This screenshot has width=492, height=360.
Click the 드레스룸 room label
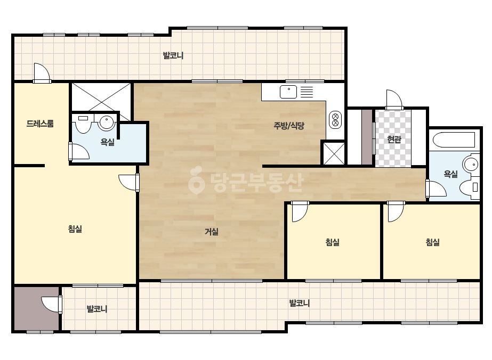pyautogui.click(x=40, y=124)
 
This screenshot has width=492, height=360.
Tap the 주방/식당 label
pyautogui.click(x=289, y=126)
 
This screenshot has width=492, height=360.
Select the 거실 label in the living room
pyautogui.click(x=212, y=232)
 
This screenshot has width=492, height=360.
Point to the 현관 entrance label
pyautogui.click(x=394, y=139)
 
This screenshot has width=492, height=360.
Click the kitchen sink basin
pyautogui.click(x=288, y=92)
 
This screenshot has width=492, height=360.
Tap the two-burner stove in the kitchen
pyautogui.click(x=335, y=120)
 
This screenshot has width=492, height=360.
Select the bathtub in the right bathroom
pyautogui.click(x=454, y=140)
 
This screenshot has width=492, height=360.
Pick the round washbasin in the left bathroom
pyautogui.click(x=107, y=122)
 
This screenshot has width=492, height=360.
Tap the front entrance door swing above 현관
pyautogui.click(x=394, y=100)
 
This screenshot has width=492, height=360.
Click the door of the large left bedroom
pyautogui.click(x=129, y=182)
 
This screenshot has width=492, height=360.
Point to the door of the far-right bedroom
pyautogui.click(x=396, y=211)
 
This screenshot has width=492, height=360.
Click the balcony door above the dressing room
pyautogui.click(x=42, y=73)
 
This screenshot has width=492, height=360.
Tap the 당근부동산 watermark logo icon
pyautogui.click(x=196, y=180)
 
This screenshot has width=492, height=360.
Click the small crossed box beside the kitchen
pyautogui.click(x=334, y=153)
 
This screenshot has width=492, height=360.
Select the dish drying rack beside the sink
pyautogui.click(x=307, y=92)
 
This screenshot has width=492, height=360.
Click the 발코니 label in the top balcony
pyautogui.click(x=173, y=55)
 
